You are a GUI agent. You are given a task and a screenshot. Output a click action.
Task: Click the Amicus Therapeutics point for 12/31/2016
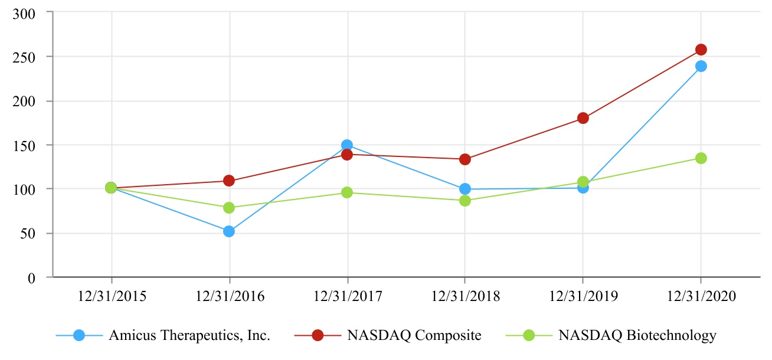pos(229,231)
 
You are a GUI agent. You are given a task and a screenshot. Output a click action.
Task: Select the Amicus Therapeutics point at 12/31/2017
pos(347,145)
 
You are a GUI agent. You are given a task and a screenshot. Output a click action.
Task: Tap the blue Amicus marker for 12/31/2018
pos(465,189)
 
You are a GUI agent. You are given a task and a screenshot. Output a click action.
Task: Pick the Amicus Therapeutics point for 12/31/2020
pos(701,66)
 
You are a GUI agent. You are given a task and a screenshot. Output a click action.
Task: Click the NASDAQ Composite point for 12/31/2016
pos(229,181)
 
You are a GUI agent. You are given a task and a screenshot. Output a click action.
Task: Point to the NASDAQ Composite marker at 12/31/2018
pos(465,159)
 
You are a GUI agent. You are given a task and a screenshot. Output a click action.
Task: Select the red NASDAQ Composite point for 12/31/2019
pos(583,118)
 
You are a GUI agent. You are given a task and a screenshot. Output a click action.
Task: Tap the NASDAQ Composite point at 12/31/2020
pos(701,50)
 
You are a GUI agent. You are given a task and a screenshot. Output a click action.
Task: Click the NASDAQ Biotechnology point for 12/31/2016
pos(229,208)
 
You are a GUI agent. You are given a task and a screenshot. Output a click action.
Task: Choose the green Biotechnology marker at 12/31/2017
pos(347,192)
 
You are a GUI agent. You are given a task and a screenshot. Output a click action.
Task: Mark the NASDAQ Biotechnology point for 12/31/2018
pos(465,201)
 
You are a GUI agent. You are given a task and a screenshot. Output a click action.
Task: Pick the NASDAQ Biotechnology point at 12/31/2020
pos(701,158)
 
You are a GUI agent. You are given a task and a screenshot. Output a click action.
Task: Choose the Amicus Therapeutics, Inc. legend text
pos(189,336)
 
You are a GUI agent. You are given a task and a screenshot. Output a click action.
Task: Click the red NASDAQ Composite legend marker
pos(318,336)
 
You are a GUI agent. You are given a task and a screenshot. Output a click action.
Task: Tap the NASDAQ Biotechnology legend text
pos(637,336)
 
